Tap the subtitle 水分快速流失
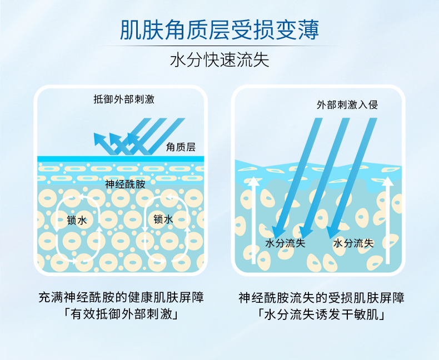pyautogui.click(x=219, y=60)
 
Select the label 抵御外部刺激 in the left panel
pyautogui.click(x=124, y=100)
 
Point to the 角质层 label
pyautogui.click(x=181, y=147)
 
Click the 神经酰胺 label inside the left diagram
pyautogui.click(x=125, y=184)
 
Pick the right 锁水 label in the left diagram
pyautogui.click(x=163, y=219)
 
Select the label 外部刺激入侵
pyautogui.click(x=347, y=104)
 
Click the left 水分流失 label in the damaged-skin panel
pyautogui.click(x=285, y=243)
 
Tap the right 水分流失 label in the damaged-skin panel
pyautogui.click(x=353, y=243)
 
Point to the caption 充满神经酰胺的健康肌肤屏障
pyautogui.click(x=121, y=298)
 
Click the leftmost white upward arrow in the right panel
pyautogui.click(x=253, y=219)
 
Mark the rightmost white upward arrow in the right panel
pyautogui.click(x=388, y=219)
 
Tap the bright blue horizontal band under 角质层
pyautogui.click(x=120, y=159)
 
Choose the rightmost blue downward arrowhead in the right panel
pyautogui.click(x=334, y=230)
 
